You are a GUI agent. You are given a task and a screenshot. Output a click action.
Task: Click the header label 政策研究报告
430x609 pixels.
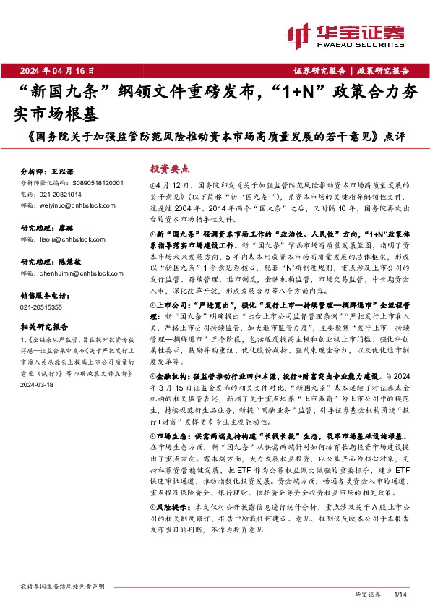[382, 71]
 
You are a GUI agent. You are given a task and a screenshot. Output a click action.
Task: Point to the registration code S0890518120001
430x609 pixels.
[96, 184]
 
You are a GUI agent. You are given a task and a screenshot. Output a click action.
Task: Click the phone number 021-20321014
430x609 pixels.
[62, 194]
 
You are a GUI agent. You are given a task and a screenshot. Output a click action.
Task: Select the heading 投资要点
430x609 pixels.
[169, 168]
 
